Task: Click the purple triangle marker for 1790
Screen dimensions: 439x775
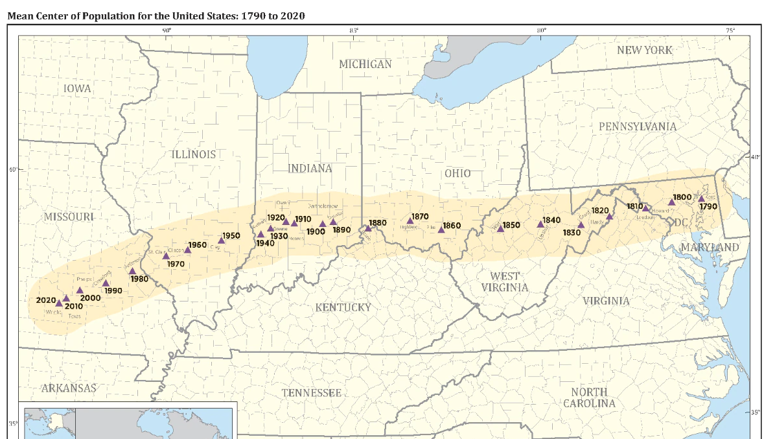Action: [700, 198]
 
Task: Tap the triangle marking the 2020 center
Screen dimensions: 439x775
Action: [59, 303]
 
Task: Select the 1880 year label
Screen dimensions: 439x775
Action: [378, 223]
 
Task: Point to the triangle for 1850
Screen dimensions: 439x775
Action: [500, 228]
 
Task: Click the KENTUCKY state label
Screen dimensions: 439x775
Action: [343, 307]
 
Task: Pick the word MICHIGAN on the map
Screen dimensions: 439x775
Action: [365, 64]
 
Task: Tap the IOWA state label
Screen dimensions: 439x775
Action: [78, 88]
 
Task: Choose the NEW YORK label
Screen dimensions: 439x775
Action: [644, 50]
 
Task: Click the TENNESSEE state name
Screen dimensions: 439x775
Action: [311, 393]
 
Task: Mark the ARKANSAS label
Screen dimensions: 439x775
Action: [69, 388]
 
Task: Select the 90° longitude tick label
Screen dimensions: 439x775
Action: [167, 30]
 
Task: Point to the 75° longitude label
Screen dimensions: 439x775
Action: [730, 30]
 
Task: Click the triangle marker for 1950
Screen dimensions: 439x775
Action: [221, 241]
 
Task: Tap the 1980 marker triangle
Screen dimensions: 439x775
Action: [132, 272]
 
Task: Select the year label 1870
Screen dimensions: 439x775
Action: [420, 217]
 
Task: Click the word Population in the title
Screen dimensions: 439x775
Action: [106, 14]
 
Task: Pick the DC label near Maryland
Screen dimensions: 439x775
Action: [680, 222]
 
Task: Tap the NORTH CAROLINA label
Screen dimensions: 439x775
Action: [589, 397]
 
